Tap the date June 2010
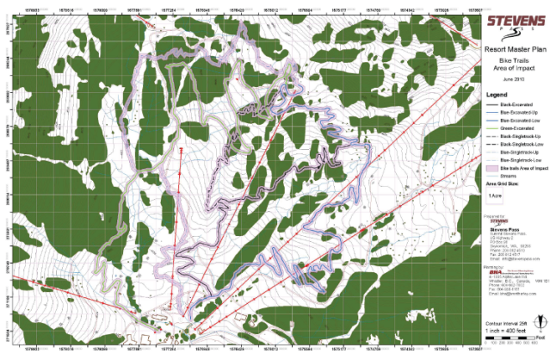point(513,78)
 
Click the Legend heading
point(498,95)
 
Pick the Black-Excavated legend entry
point(516,105)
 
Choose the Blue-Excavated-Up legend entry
point(518,112)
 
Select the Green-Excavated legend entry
point(517,128)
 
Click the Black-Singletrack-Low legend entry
point(519,144)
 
